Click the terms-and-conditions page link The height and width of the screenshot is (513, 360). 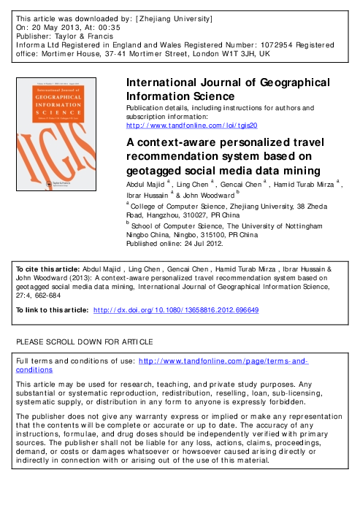pyautogui.click(x=223, y=361)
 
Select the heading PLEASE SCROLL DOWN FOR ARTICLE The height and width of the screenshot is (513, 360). pyautogui.click(x=85, y=342)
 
